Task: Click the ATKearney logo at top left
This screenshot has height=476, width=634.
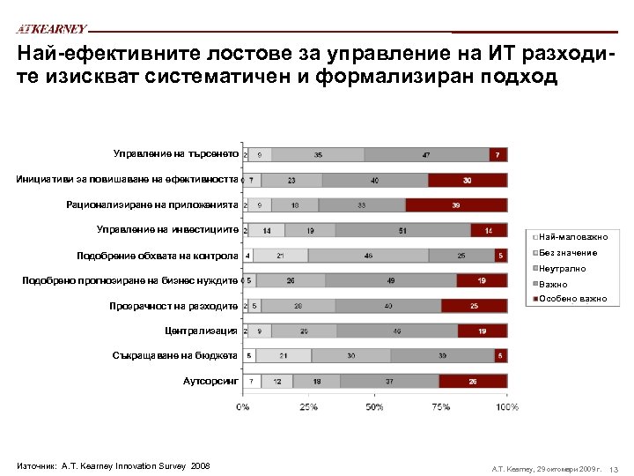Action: (52, 28)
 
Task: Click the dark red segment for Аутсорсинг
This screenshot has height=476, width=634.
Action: (472, 382)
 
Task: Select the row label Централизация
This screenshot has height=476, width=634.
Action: (201, 331)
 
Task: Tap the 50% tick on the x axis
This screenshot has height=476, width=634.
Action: (374, 407)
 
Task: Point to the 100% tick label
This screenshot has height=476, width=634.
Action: (506, 407)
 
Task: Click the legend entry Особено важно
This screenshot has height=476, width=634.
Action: (572, 299)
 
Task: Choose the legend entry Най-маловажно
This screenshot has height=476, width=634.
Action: (572, 237)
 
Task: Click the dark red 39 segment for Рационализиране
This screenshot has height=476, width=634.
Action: (456, 205)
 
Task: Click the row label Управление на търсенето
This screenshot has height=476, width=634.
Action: (176, 153)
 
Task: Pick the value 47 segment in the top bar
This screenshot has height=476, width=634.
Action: (426, 154)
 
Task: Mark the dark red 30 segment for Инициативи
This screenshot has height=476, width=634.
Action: (468, 180)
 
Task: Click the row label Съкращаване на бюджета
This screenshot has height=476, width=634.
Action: (175, 355)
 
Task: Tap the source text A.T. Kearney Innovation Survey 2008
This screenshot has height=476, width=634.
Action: (113, 465)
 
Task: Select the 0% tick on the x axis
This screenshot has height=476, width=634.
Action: (242, 407)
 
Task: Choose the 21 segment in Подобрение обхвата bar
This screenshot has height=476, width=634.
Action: (281, 256)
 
